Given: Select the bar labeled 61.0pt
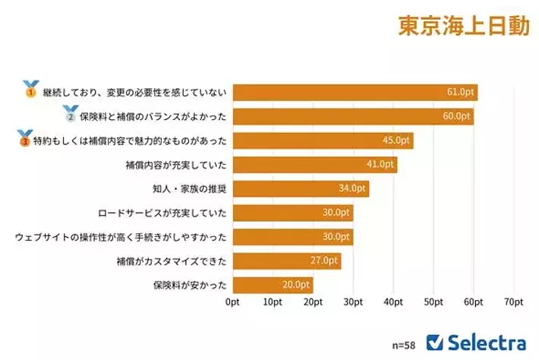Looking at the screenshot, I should pyautogui.click(x=355, y=93).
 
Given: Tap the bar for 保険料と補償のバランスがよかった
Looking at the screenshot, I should pyautogui.click(x=352, y=117).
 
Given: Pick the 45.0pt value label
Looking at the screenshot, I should pyautogui.click(x=397, y=141).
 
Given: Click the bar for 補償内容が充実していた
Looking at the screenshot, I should pyautogui.click(x=314, y=165).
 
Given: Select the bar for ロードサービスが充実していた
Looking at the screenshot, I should pyautogui.click(x=292, y=213).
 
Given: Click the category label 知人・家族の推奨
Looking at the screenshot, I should pyautogui.click(x=187, y=189).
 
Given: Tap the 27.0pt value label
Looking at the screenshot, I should pyautogui.click(x=324, y=261).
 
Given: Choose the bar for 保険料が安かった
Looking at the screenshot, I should pyautogui.click(x=273, y=285).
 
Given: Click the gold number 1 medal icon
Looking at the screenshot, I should pyautogui.click(x=30, y=89).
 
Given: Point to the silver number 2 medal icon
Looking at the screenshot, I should pyautogui.click(x=71, y=114).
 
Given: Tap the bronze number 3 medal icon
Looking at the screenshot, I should pyautogui.click(x=26, y=137).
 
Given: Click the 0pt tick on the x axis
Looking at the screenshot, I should pyautogui.click(x=233, y=302).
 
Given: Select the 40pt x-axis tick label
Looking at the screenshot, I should pyautogui.click(x=393, y=302).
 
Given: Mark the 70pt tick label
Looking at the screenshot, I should pyautogui.click(x=514, y=302).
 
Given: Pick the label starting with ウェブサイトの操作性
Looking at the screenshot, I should pyautogui.click(x=121, y=237).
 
